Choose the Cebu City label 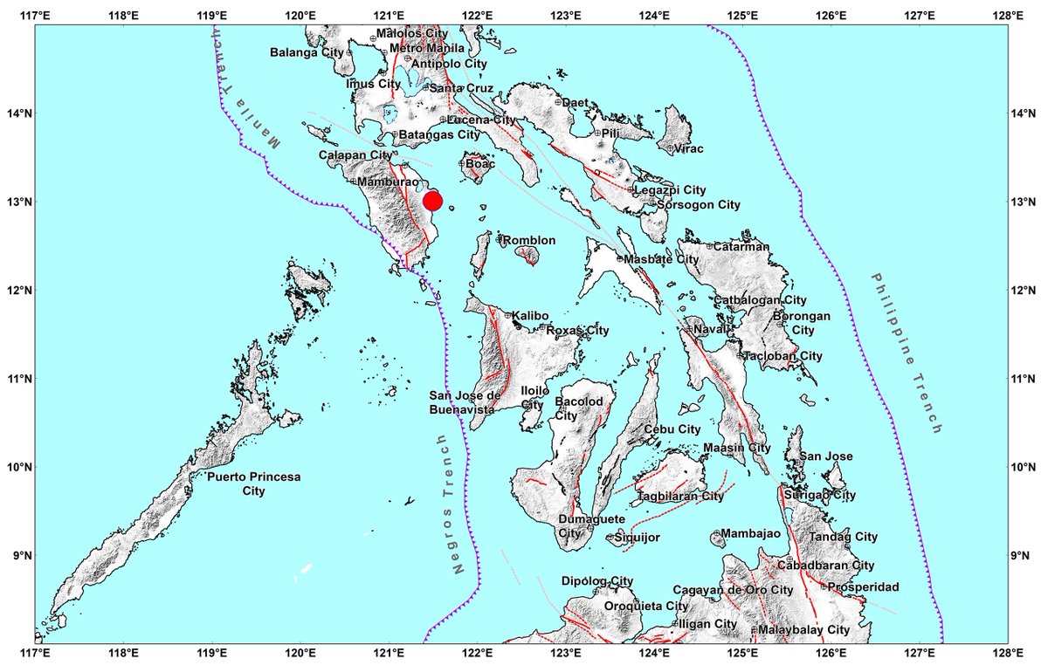pyautogui.click(x=672, y=429)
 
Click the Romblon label pyautogui.click(x=526, y=239)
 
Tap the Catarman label pyautogui.click(x=741, y=246)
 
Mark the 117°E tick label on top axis pyautogui.click(x=34, y=15)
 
